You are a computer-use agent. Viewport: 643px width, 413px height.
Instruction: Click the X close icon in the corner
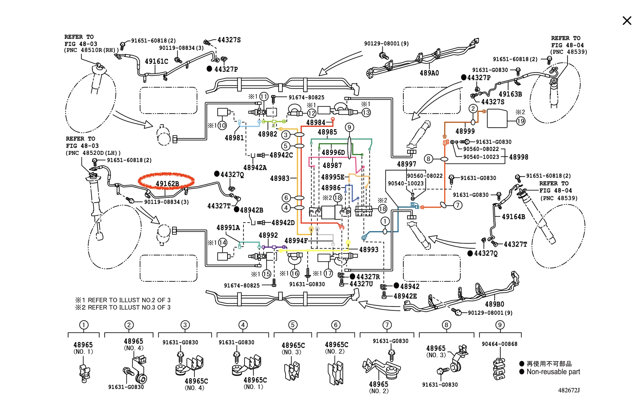[627, 21]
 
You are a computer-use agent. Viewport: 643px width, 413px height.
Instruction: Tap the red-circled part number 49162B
[167, 183]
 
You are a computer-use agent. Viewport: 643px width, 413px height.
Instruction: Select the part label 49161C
[156, 61]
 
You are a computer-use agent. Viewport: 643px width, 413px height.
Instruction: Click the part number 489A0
[429, 73]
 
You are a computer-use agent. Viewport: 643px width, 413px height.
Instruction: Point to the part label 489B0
[494, 304]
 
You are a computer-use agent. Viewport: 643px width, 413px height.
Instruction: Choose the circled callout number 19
[521, 121]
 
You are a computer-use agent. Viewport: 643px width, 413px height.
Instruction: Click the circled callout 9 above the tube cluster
[349, 127]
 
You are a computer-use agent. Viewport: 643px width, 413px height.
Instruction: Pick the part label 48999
[465, 131]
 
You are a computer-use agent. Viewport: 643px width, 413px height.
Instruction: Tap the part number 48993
[369, 249]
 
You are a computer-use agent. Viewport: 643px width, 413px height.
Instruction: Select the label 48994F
[296, 240]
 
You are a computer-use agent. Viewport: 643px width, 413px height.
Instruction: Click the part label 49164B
[514, 217]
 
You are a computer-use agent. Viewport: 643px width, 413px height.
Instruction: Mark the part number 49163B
[510, 94]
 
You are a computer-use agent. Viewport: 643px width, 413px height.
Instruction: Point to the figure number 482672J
[568, 390]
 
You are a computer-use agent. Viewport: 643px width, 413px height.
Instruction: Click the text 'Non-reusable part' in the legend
[553, 372]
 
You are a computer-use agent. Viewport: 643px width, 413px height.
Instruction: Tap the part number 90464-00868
[499, 344]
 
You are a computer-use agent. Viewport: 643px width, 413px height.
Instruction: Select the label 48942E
[405, 296]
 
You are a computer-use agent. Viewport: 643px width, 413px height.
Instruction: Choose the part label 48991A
[228, 228]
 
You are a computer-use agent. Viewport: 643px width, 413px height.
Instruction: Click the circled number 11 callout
[264, 97]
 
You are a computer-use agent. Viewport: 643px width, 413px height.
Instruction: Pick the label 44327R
[368, 277]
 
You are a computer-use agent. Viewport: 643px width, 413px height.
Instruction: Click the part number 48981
[234, 138]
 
